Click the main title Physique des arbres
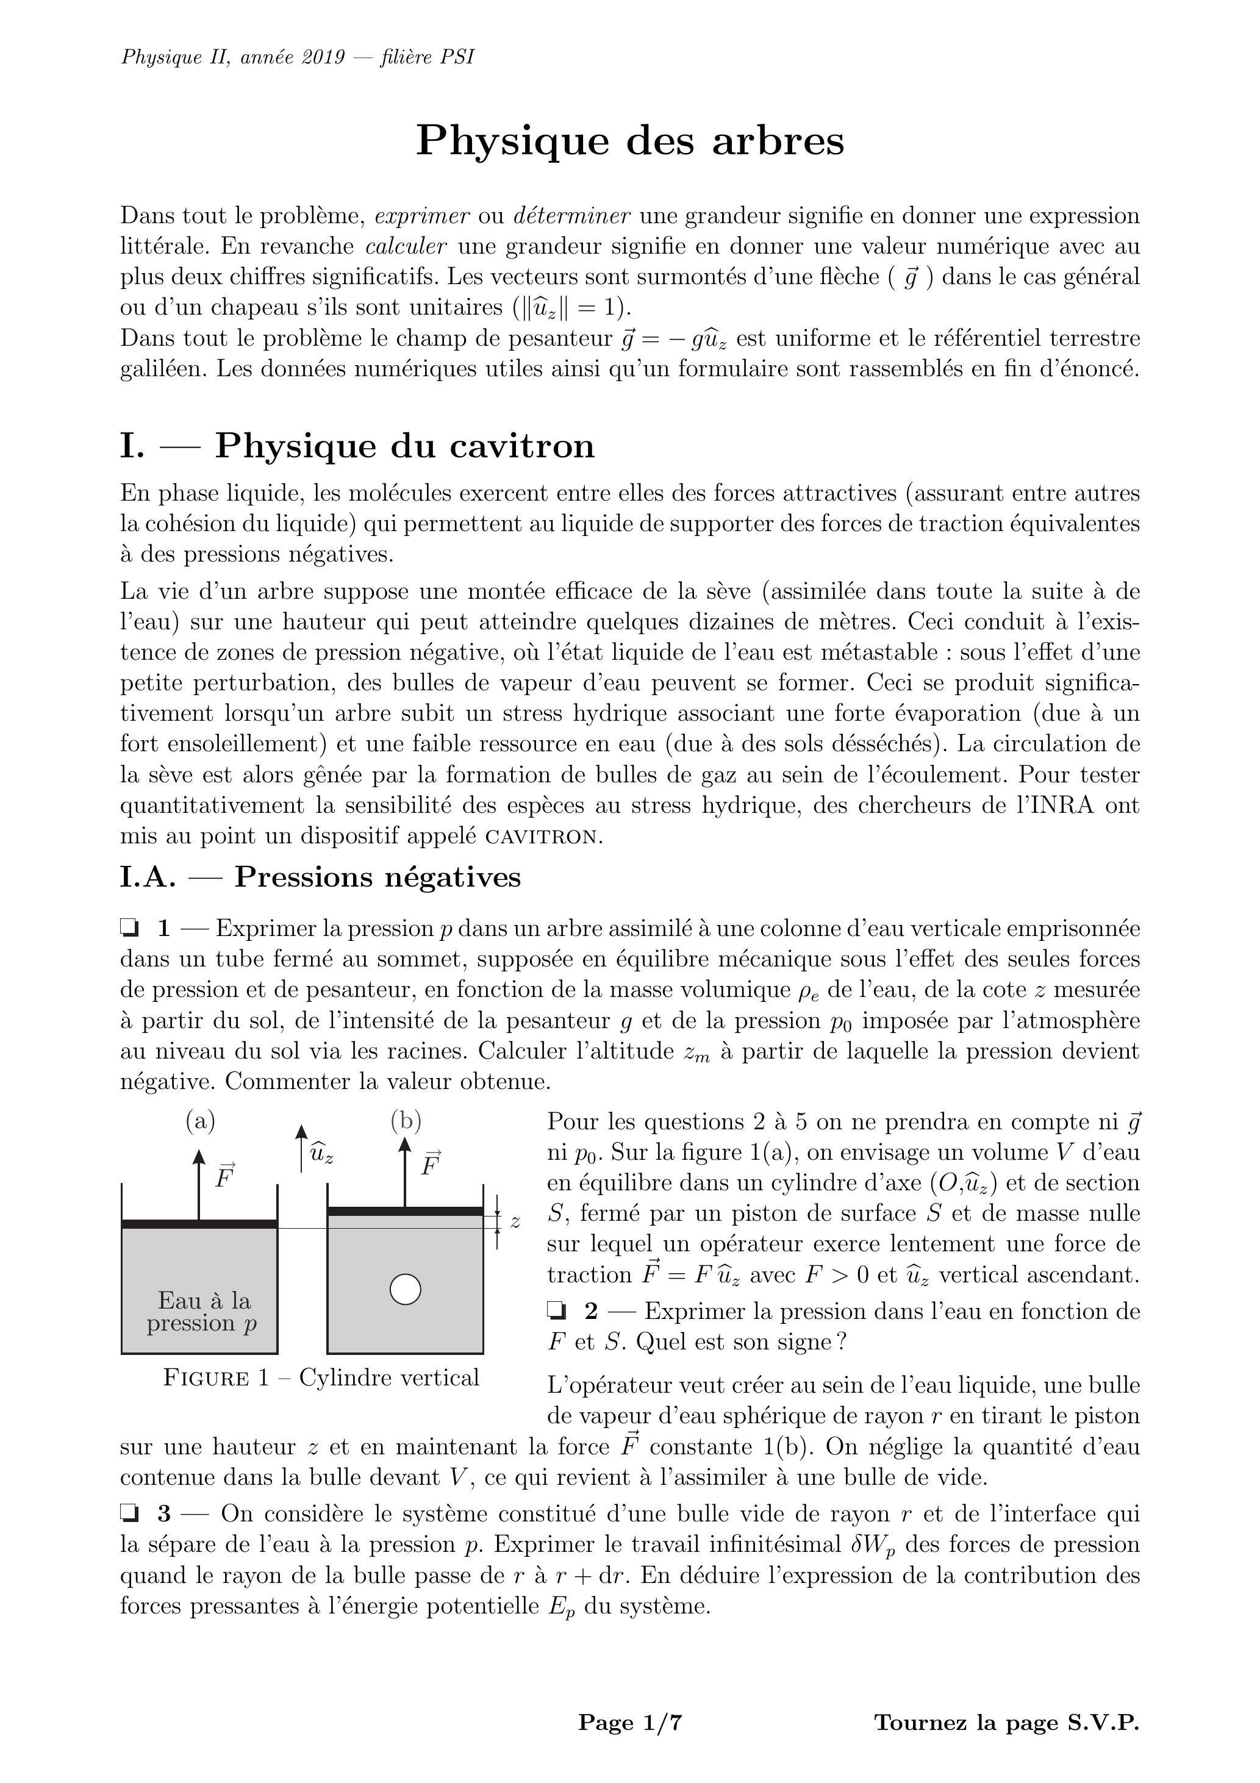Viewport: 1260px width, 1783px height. (x=629, y=141)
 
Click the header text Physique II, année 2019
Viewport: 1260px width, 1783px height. (x=298, y=57)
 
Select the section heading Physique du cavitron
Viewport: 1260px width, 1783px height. (x=404, y=446)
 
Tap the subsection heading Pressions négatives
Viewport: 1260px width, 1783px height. (x=378, y=877)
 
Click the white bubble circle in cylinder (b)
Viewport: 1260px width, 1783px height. (x=405, y=1290)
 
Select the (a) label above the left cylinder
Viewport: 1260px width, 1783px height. (x=201, y=1121)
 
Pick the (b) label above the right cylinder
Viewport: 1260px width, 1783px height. (x=406, y=1121)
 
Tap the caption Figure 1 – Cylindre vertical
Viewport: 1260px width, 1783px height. (x=321, y=1377)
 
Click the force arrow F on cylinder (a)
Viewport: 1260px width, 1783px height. (x=199, y=1184)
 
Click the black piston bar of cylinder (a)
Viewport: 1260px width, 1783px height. (x=199, y=1224)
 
